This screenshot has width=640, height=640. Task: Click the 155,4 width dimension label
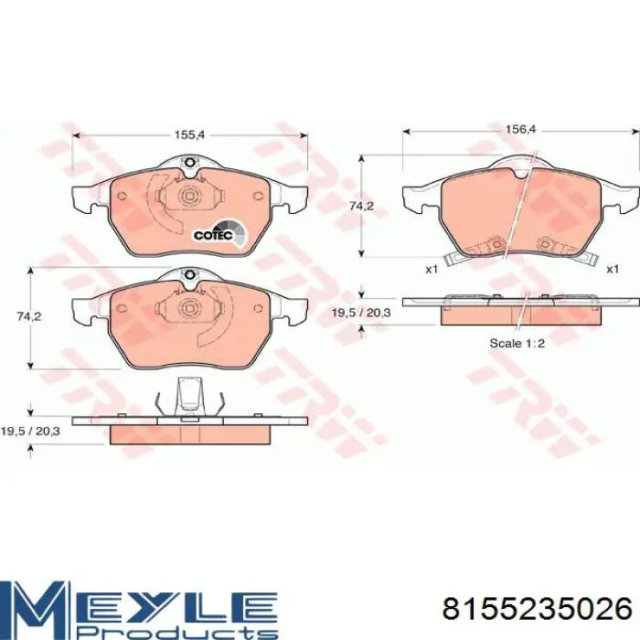tap(189, 134)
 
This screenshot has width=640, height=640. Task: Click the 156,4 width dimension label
tap(520, 130)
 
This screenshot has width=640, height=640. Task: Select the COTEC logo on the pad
tap(219, 233)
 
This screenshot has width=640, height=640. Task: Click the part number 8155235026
tap(538, 610)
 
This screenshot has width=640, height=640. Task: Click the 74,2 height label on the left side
tap(29, 316)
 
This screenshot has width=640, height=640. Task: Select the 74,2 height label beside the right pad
tap(361, 207)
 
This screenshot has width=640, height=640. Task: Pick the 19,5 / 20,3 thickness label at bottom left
tap(30, 431)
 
